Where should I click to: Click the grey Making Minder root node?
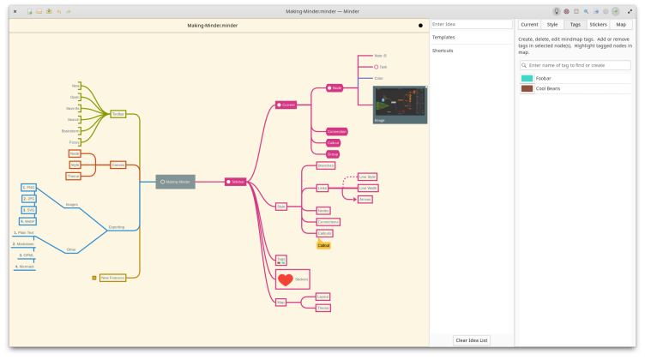(x=176, y=182)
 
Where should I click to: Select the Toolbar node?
(x=118, y=113)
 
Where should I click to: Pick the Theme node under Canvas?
(x=74, y=176)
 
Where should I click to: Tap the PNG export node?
(x=28, y=187)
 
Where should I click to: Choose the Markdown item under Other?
(x=25, y=243)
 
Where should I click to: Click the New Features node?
(x=112, y=278)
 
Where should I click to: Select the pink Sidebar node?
(x=235, y=182)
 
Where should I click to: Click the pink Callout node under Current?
(x=334, y=142)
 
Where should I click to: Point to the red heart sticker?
(x=286, y=279)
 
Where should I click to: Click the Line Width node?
(x=368, y=188)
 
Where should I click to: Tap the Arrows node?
(x=365, y=199)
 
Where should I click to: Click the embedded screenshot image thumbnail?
(x=400, y=105)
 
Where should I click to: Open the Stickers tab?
(x=598, y=24)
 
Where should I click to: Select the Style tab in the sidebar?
(x=552, y=24)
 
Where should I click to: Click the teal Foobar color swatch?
(x=527, y=78)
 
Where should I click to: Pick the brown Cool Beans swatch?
(x=527, y=88)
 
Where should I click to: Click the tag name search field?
(x=575, y=65)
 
